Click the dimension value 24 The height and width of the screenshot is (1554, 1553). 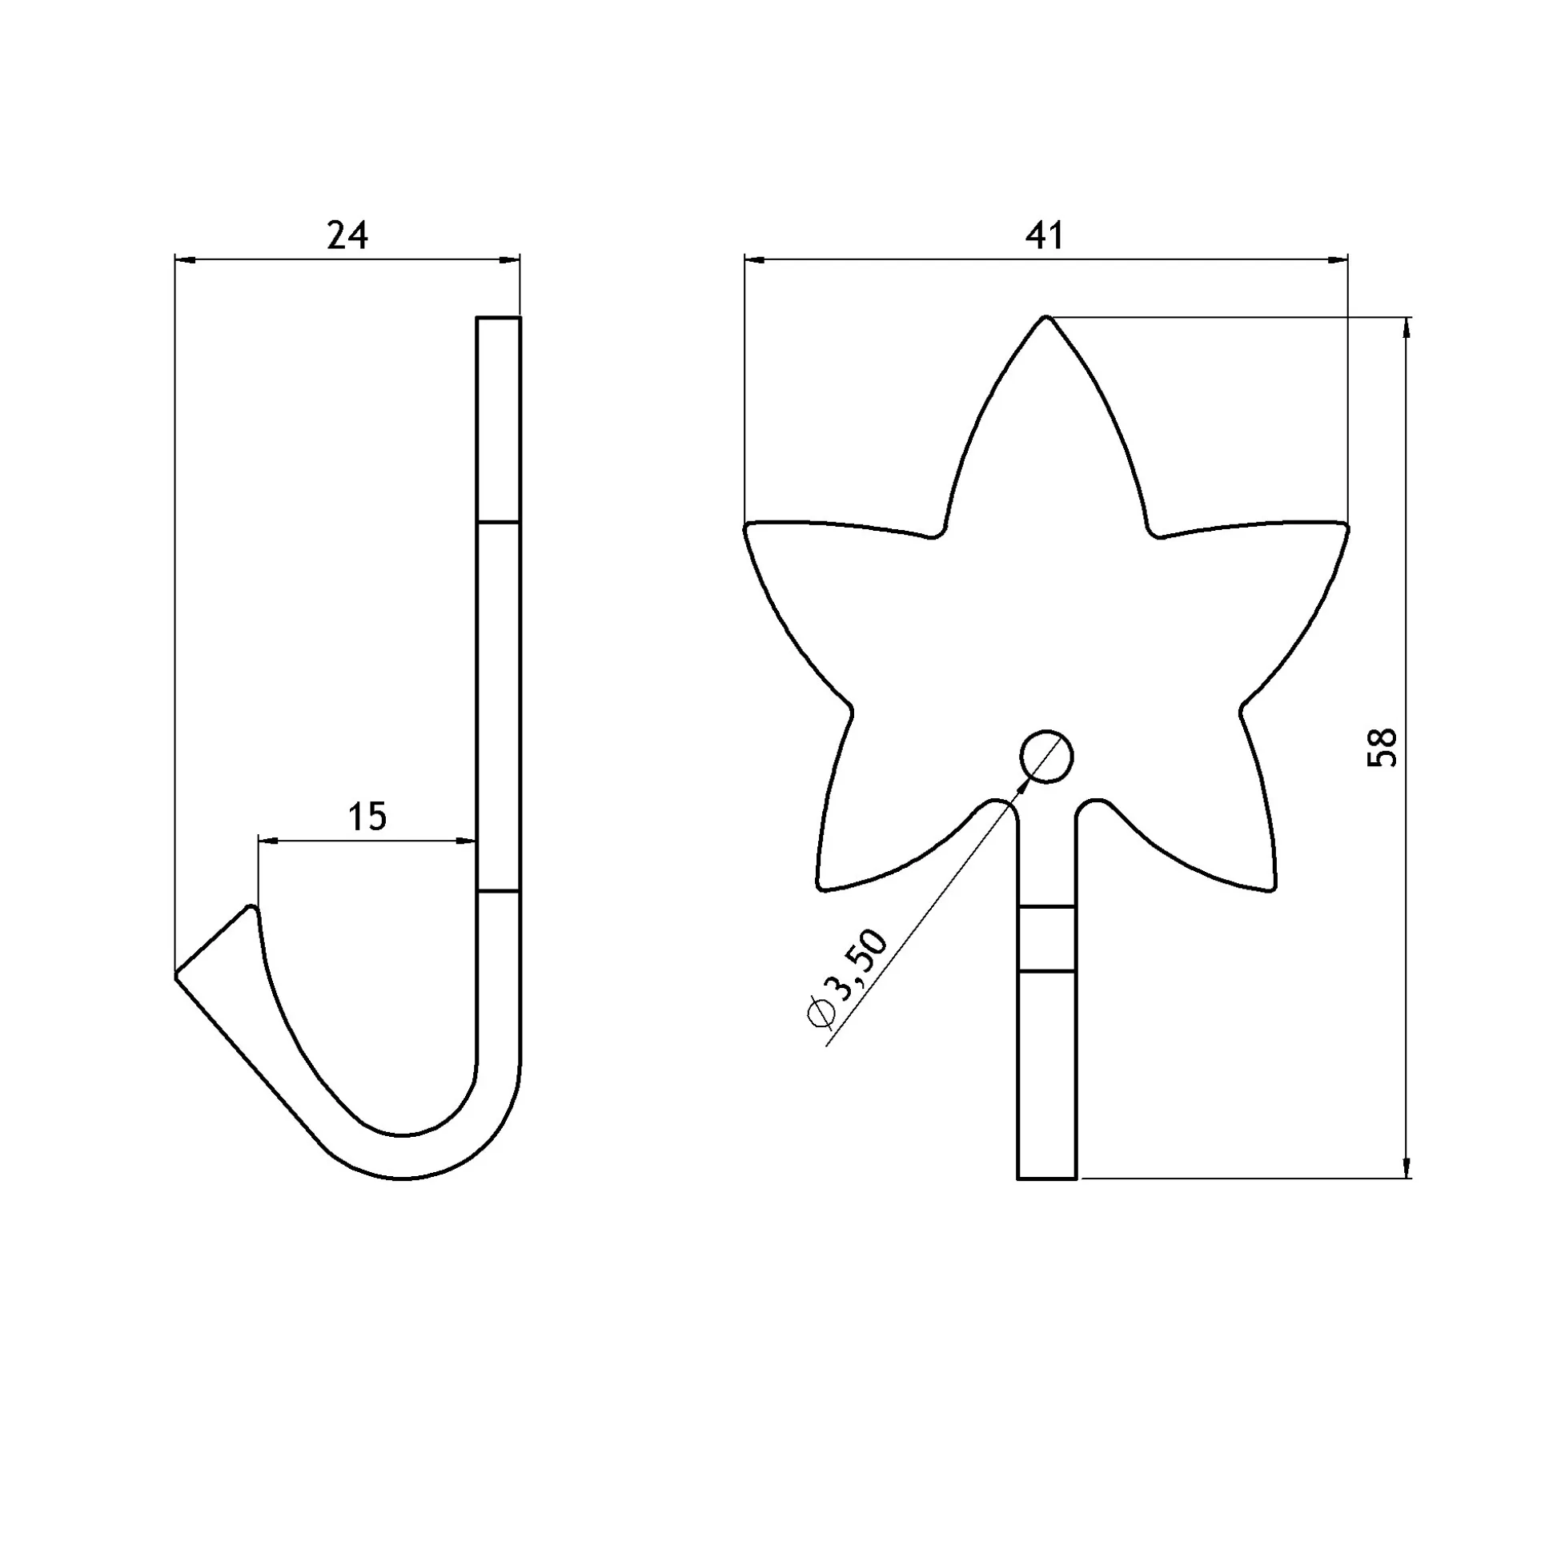[347, 235]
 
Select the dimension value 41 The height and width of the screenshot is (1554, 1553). [1045, 235]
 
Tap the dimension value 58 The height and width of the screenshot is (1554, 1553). [1382, 747]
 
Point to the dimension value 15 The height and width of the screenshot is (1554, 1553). [367, 817]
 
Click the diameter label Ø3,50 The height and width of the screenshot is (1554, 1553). [848, 978]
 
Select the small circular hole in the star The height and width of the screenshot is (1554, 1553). [1046, 757]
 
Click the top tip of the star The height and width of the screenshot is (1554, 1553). [1046, 317]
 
